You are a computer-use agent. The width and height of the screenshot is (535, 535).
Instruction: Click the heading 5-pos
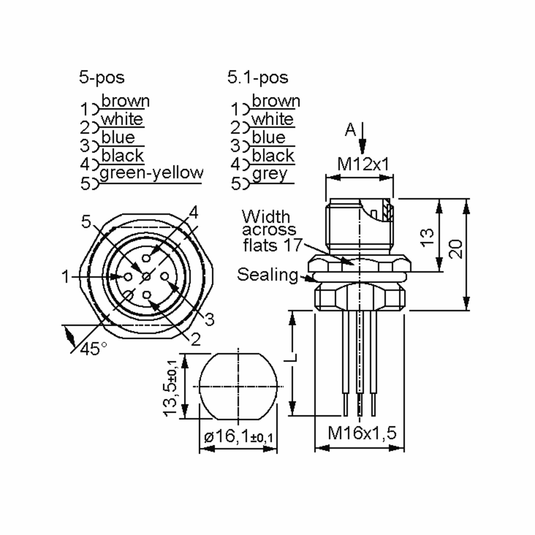(x=102, y=78)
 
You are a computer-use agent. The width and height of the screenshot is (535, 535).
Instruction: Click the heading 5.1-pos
(x=257, y=78)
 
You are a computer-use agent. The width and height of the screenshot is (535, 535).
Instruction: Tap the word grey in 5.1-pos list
(x=270, y=174)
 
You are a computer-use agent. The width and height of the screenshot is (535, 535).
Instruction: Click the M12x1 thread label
(x=363, y=164)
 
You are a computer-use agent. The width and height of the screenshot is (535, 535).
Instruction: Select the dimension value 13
(x=427, y=238)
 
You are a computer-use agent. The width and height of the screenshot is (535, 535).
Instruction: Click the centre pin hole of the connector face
(x=146, y=276)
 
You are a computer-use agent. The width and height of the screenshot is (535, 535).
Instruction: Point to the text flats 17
(x=272, y=245)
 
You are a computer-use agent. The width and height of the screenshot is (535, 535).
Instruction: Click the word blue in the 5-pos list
(x=118, y=138)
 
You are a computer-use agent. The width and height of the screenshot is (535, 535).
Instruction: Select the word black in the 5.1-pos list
(x=273, y=156)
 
